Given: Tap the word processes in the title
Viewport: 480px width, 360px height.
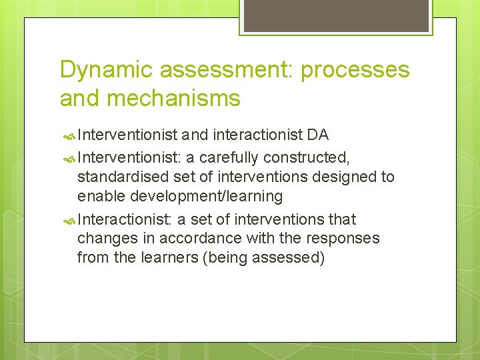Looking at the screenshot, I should tap(355, 70).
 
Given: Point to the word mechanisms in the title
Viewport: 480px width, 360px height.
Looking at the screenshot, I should tap(175, 99).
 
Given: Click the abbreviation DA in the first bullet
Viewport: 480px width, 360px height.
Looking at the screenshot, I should tap(318, 135).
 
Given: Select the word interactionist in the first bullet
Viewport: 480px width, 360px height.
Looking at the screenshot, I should tap(257, 135).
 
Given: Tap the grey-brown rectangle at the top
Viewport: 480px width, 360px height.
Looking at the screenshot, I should tap(335, 15).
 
